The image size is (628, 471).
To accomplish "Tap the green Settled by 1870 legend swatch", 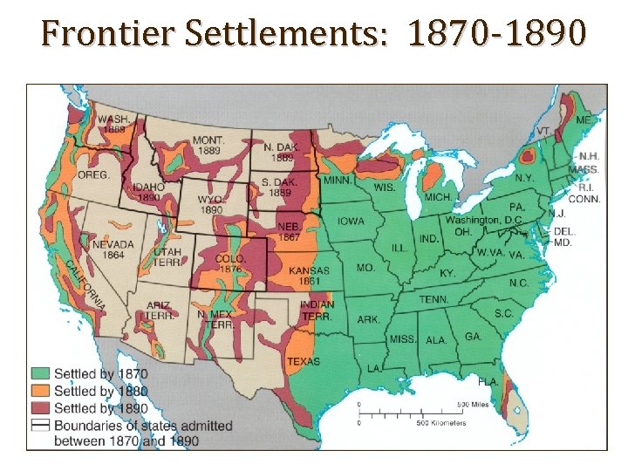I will [x=41, y=374].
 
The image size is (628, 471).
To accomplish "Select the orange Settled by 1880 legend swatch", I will [x=41, y=391].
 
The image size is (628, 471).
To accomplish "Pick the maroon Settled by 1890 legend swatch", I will [x=41, y=407].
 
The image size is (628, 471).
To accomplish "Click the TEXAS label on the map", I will [x=303, y=361].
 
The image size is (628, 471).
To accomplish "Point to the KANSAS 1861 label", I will [x=309, y=276].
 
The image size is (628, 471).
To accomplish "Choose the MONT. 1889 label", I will [x=208, y=145].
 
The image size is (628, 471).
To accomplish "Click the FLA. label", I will [x=488, y=382].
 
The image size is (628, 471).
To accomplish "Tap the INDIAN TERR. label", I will [x=316, y=311].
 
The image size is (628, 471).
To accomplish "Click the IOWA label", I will [x=351, y=221].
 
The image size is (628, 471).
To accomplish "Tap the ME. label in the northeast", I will [x=583, y=119].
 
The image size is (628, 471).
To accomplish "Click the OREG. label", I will [x=93, y=174].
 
